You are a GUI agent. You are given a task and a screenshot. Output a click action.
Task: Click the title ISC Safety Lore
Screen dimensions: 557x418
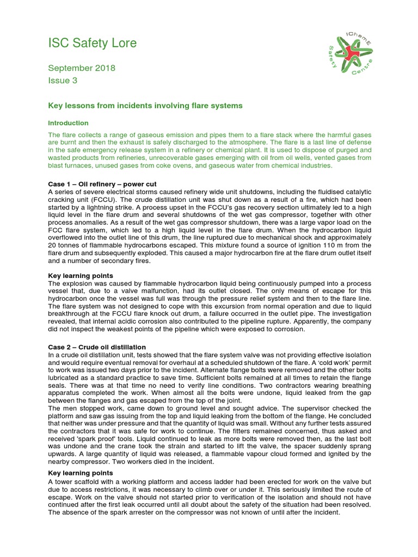pyautogui.click(x=92, y=42)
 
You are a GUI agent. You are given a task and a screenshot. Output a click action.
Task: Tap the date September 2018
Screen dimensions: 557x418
pyautogui.click(x=82, y=68)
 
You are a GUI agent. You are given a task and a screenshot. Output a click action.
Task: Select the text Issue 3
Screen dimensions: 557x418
pyautogui.click(x=63, y=81)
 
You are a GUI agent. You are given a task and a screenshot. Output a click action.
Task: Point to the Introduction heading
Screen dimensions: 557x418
pyautogui.click(x=68, y=123)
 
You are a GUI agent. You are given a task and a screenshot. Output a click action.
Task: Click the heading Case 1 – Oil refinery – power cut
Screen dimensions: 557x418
pyautogui.click(x=102, y=184)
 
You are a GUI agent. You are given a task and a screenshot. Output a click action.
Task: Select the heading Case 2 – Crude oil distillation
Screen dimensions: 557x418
pyautogui.click(x=97, y=347)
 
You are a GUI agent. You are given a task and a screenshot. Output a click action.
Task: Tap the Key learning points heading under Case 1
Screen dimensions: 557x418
pyautogui.click(x=81, y=276)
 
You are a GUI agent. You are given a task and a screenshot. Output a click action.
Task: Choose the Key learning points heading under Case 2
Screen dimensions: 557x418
pyautogui.click(x=81, y=473)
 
